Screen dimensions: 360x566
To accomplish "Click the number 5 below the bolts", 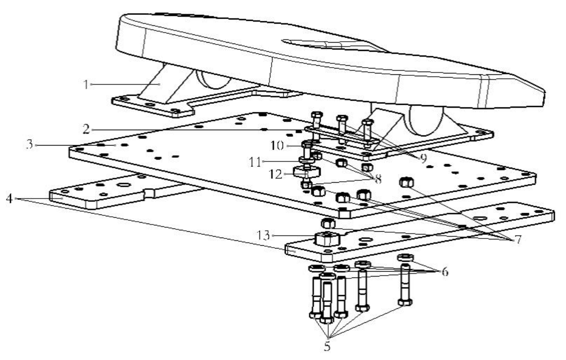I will [326, 347].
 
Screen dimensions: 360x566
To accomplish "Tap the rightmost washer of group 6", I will [405, 258].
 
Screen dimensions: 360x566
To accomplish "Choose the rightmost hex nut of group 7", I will [406, 183].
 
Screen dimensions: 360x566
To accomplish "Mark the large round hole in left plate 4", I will [123, 185].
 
